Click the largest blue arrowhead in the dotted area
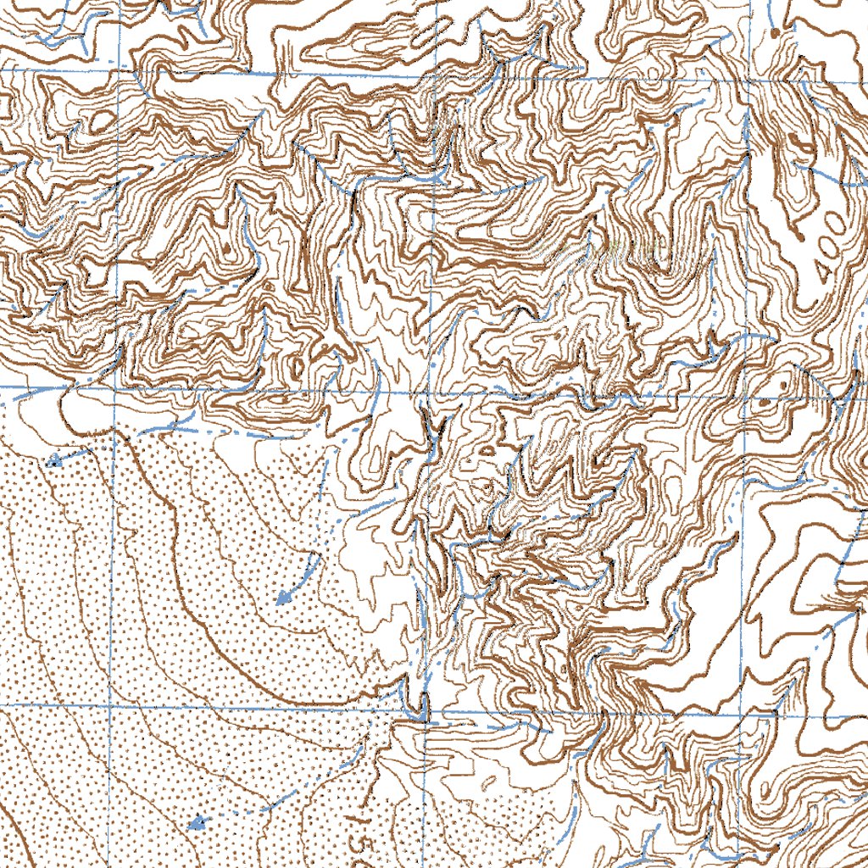tap(285, 596)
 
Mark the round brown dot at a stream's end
tap(775, 32)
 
